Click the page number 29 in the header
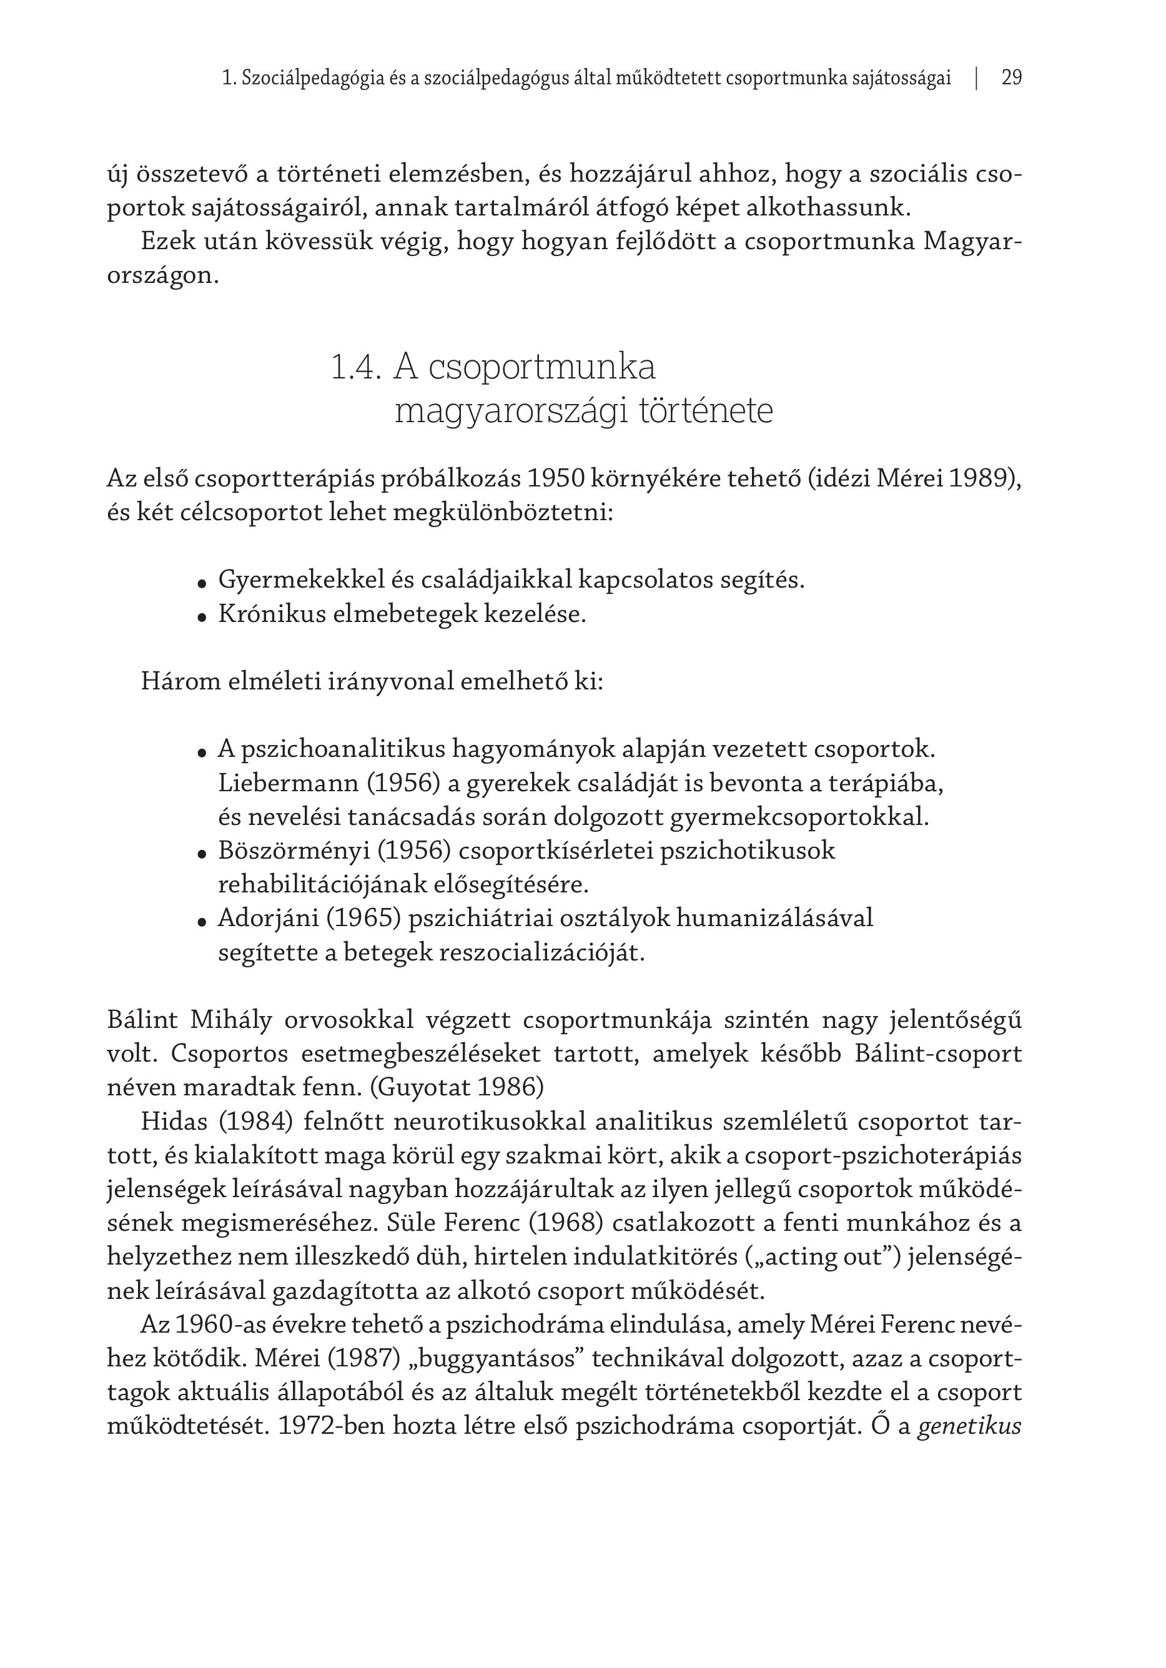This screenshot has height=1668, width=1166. [x=1011, y=77]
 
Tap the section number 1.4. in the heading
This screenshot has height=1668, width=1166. [x=355, y=368]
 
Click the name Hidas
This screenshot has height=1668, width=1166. [x=174, y=1122]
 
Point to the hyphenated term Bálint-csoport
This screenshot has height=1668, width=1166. [x=938, y=1054]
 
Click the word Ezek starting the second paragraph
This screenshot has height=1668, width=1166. [x=169, y=242]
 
